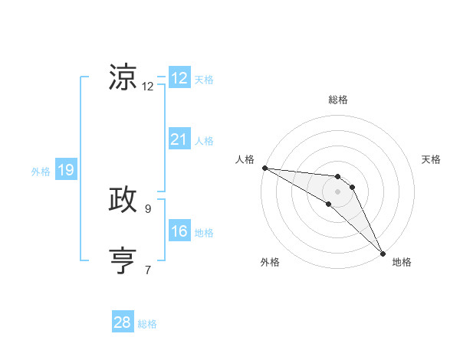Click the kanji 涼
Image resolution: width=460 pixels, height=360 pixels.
(x=123, y=77)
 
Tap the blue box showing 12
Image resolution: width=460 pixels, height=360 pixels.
(x=179, y=78)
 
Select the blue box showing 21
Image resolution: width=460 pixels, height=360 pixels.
(x=179, y=139)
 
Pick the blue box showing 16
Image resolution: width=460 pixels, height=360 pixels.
(x=179, y=231)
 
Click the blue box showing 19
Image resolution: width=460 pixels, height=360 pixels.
(x=65, y=170)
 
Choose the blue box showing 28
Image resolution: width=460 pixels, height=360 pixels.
(x=123, y=322)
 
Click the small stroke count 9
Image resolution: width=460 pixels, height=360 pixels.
(x=148, y=208)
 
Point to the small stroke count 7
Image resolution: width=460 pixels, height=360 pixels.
(x=148, y=269)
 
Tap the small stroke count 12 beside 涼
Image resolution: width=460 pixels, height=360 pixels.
(x=148, y=87)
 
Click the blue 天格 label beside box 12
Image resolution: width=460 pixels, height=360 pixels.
(x=204, y=80)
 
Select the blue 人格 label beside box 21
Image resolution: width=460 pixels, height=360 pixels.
(x=204, y=141)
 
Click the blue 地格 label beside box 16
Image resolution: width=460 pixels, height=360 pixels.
(x=204, y=233)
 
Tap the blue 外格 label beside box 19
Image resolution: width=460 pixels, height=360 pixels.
(x=41, y=172)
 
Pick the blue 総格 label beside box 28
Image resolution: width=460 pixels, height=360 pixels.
(x=147, y=324)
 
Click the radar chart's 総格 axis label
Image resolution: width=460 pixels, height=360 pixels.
(x=338, y=100)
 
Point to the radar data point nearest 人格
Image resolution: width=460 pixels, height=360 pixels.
(x=264, y=168)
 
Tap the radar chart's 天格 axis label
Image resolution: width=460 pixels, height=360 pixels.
(x=432, y=159)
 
